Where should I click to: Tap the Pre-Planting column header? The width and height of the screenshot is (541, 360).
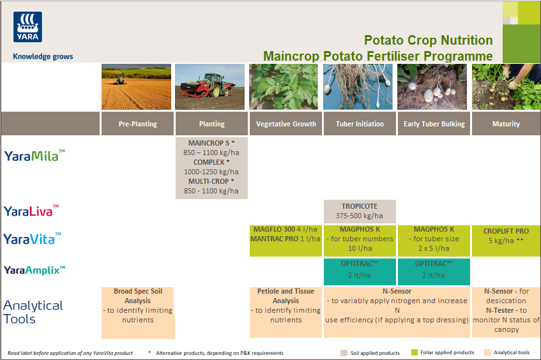pyautogui.click(x=137, y=124)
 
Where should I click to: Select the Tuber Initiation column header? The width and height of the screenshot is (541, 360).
pyautogui.click(x=360, y=124)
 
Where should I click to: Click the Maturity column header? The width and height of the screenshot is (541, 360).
pyautogui.click(x=506, y=124)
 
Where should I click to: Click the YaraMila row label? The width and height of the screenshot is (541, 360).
pyautogui.click(x=34, y=155)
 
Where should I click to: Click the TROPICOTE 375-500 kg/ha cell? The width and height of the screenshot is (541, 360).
pyautogui.click(x=360, y=211)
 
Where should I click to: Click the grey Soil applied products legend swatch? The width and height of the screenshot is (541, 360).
pyautogui.click(x=344, y=352)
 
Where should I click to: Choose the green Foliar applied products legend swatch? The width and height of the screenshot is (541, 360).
pyautogui.click(x=415, y=352)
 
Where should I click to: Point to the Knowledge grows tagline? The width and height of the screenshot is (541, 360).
pyautogui.click(x=43, y=56)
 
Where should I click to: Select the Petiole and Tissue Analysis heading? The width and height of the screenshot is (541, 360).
pyautogui.click(x=286, y=296)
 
